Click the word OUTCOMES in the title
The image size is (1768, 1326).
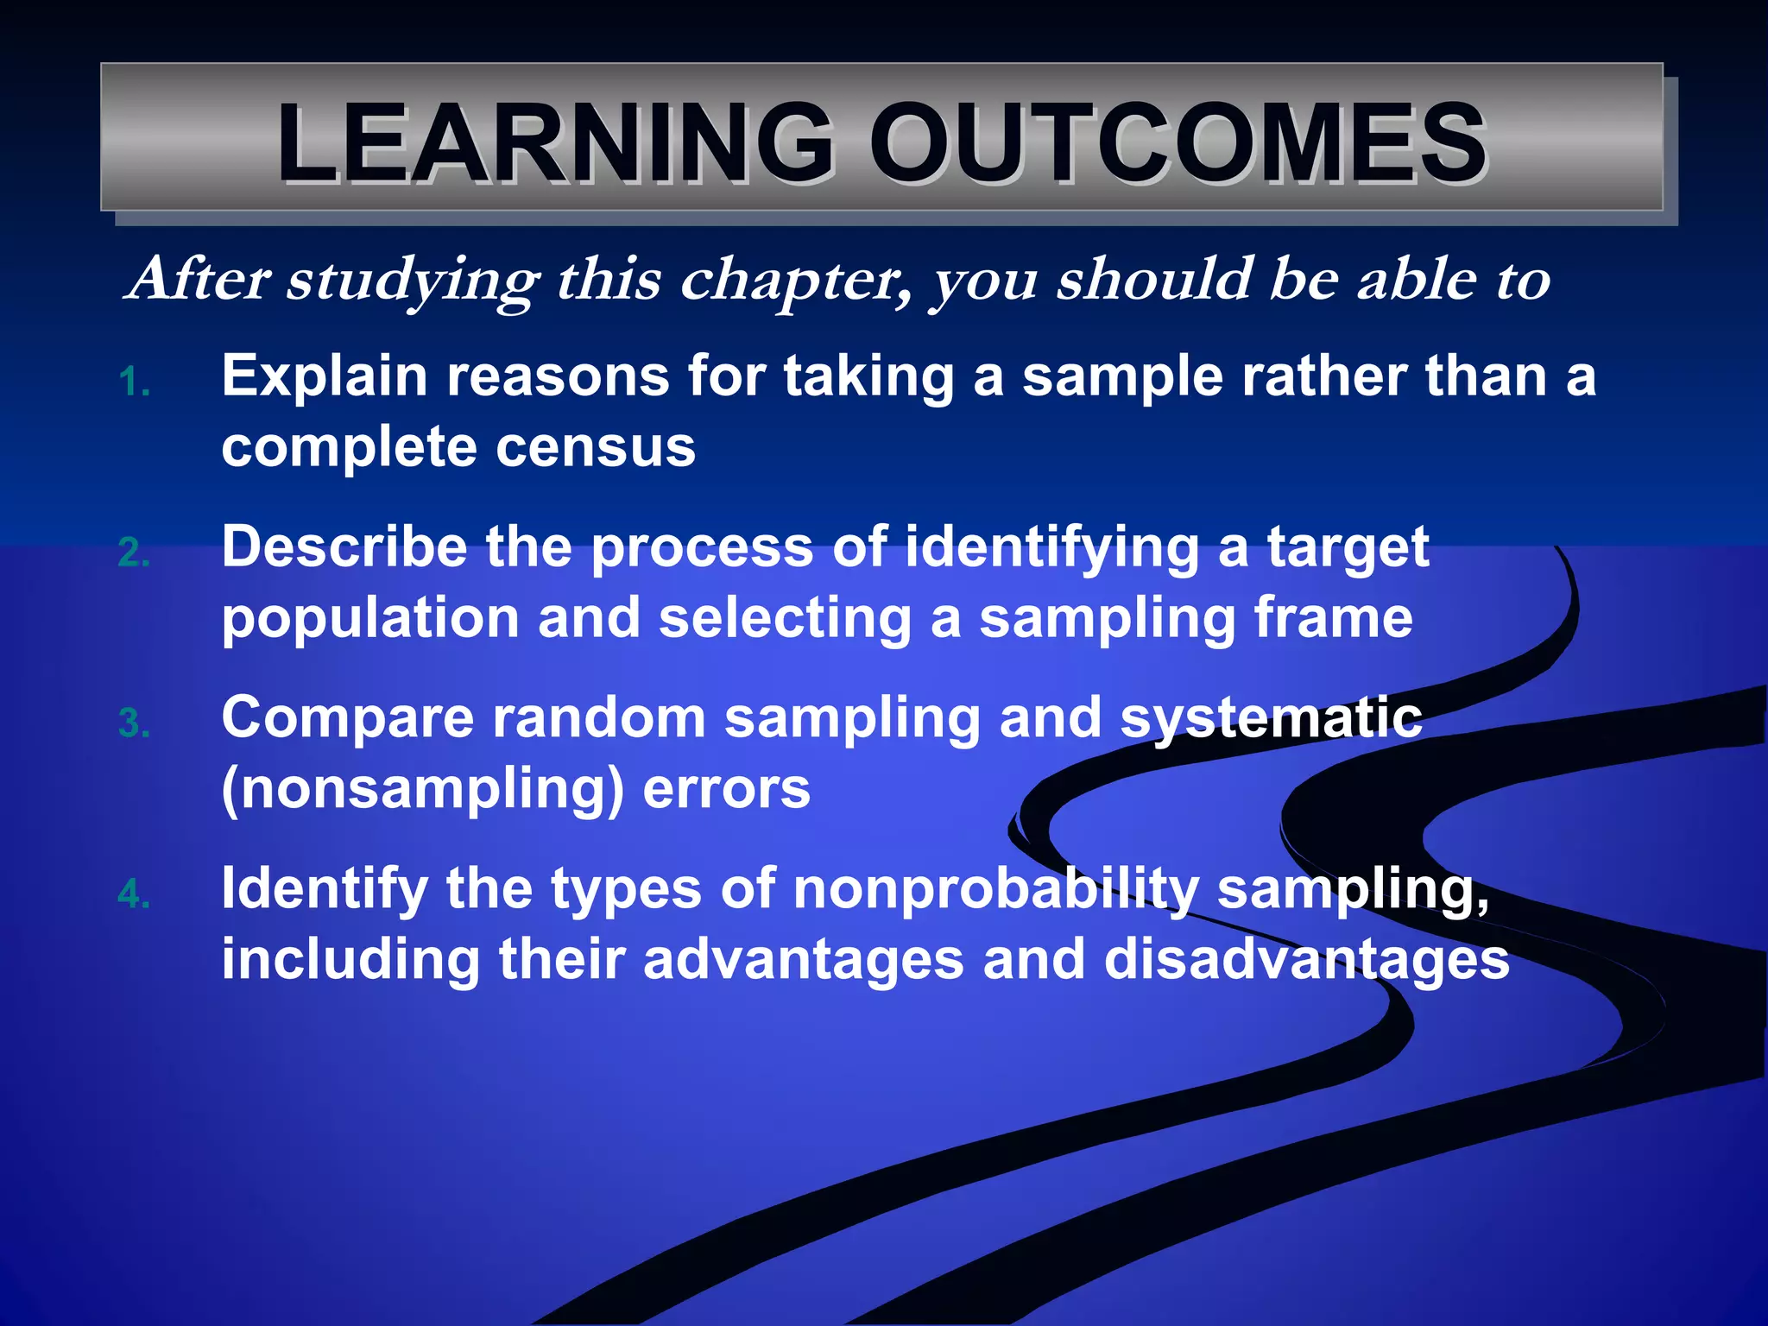1178,143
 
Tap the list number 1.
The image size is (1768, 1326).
134,382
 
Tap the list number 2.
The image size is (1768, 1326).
134,553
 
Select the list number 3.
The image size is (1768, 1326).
134,724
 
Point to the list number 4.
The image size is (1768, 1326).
134,895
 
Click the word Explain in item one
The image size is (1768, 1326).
325,377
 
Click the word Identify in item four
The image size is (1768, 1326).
325,890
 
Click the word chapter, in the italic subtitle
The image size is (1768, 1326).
795,281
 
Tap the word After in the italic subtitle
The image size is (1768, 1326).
199,280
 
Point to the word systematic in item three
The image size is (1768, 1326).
1270,719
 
